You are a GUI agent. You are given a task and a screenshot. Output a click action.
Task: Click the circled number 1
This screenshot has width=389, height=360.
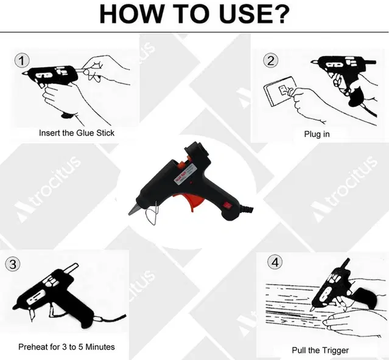[22, 61]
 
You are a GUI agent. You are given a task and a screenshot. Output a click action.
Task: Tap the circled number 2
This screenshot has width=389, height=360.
[271, 61]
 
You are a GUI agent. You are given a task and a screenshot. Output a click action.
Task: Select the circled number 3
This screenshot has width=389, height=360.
[13, 264]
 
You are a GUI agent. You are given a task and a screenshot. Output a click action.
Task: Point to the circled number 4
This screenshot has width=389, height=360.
[275, 262]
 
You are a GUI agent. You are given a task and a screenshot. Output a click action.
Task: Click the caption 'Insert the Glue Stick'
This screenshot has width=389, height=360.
[77, 133]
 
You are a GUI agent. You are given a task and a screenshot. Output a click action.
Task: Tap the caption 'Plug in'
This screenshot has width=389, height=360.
[317, 134]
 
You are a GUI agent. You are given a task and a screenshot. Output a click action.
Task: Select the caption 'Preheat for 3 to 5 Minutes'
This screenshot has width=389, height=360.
[66, 347]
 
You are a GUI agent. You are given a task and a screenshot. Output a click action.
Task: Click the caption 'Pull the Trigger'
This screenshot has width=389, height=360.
[320, 350]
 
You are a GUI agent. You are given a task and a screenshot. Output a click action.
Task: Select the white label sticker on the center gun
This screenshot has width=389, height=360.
[186, 173]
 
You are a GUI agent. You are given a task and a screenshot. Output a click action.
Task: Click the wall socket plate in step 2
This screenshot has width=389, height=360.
[279, 91]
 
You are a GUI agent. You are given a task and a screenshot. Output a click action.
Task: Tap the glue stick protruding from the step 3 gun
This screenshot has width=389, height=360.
[71, 268]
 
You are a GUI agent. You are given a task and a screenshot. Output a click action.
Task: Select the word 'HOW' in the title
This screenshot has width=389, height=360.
[131, 14]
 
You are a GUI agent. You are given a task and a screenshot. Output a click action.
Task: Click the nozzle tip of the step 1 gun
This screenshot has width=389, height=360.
[24, 74]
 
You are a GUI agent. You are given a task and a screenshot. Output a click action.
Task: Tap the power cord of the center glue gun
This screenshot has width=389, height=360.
[246, 209]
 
